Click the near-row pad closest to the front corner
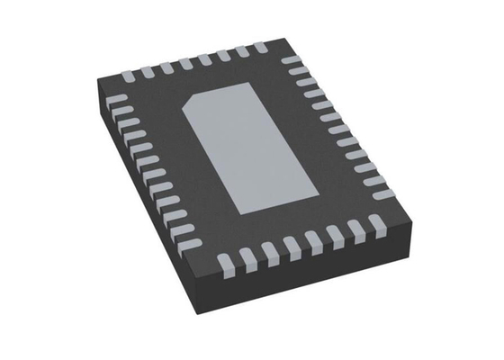(x=228, y=264)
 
